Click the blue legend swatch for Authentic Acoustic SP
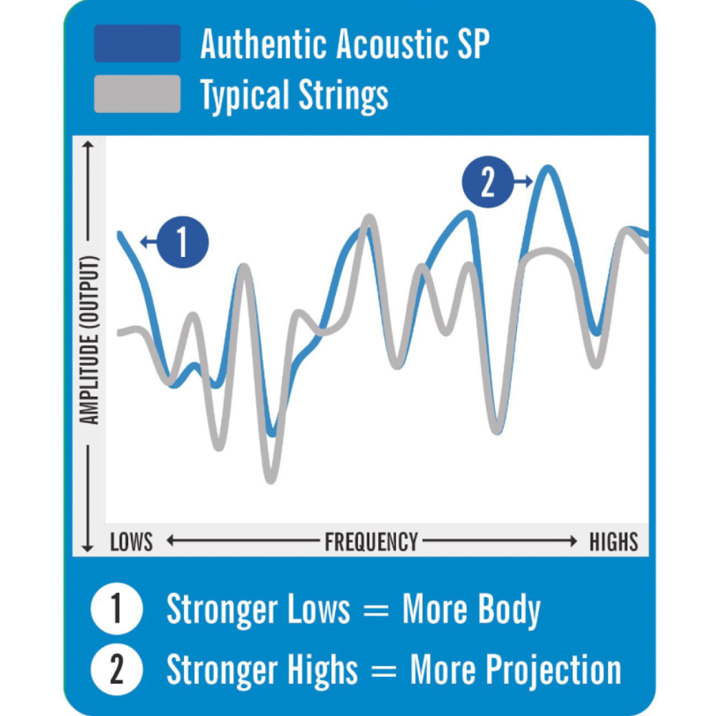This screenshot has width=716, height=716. pos(137,44)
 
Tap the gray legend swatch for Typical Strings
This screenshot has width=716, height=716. pos(137,94)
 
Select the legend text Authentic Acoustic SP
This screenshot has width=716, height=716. pos(345,44)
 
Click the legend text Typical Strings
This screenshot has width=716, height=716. pos(294,95)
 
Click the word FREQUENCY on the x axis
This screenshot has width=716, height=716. pos(371,542)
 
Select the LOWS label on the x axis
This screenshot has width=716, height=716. pos(131,542)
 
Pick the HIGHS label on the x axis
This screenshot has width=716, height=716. pos(614,542)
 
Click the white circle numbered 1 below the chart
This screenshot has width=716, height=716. pos(116,611)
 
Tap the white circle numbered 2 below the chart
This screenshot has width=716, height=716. pos(116,670)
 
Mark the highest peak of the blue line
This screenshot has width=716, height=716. pos(548,169)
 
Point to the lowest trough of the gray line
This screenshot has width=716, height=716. pos(270,478)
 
